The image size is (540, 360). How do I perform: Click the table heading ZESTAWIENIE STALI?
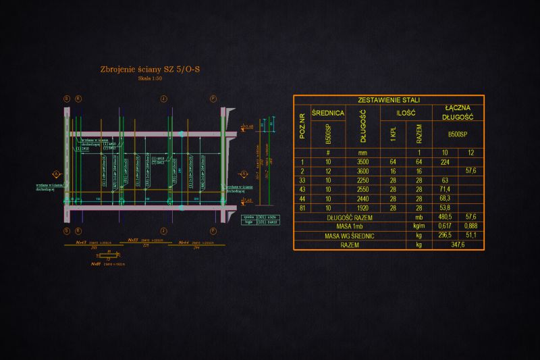tap(388, 99)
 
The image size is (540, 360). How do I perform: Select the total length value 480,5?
tap(445, 217)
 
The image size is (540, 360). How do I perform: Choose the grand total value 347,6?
tap(458, 245)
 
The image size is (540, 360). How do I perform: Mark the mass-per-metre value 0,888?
tap(470, 226)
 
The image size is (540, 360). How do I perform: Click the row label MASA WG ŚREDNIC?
tap(350, 235)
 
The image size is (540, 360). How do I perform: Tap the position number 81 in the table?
tap(302, 208)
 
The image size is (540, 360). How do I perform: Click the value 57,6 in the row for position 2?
tap(470, 172)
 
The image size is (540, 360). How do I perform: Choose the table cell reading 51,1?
tap(470, 235)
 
